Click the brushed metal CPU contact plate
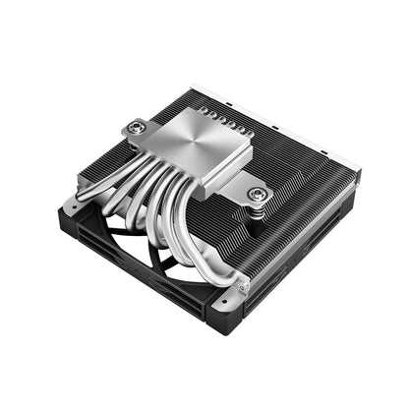(191, 147)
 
